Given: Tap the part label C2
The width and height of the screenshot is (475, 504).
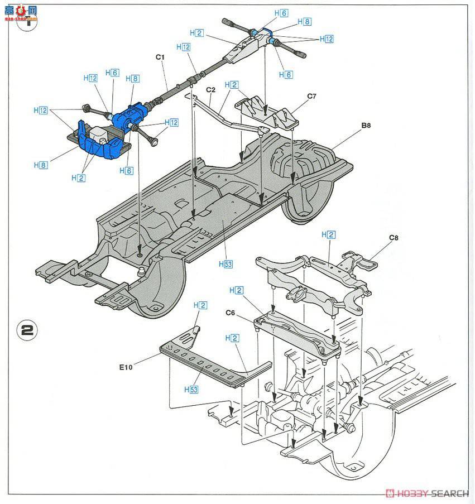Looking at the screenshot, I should pos(210,89).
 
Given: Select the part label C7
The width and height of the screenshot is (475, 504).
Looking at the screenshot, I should pos(311,96).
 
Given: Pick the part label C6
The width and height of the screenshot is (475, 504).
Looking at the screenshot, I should pos(229,313).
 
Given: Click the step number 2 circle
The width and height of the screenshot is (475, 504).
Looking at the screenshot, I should pos(26,328).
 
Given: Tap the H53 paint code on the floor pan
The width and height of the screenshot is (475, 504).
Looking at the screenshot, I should pos(225,265).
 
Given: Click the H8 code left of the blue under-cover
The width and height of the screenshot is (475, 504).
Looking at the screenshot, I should pos(40,165).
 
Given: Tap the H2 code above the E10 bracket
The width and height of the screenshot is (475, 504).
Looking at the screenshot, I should pos(200,305).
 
